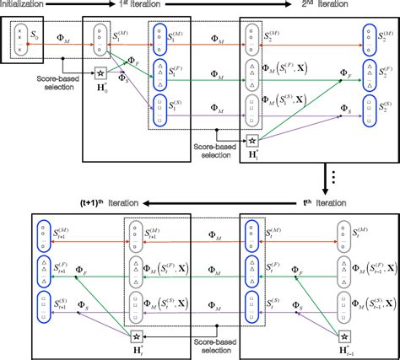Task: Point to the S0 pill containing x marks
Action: [x=15, y=38]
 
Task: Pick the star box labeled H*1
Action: [x=251, y=141]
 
